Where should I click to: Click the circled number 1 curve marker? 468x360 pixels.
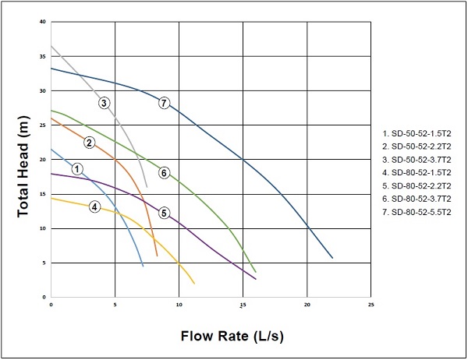tap(76, 168)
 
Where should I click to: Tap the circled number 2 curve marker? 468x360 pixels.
tap(90, 142)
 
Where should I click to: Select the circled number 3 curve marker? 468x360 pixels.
tap(104, 102)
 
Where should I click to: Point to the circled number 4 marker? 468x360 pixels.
tap(94, 206)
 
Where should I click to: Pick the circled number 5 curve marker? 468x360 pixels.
tap(164, 213)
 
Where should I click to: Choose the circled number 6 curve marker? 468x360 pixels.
tap(164, 172)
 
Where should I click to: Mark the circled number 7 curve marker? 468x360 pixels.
tap(164, 103)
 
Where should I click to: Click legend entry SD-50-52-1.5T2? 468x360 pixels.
tap(418, 133)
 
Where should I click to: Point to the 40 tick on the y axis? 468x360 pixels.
tap(43, 22)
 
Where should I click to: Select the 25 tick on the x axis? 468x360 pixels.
tap(370, 305)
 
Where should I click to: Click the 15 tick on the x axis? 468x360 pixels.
tap(243, 305)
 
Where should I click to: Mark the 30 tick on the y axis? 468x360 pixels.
tap(43, 91)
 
